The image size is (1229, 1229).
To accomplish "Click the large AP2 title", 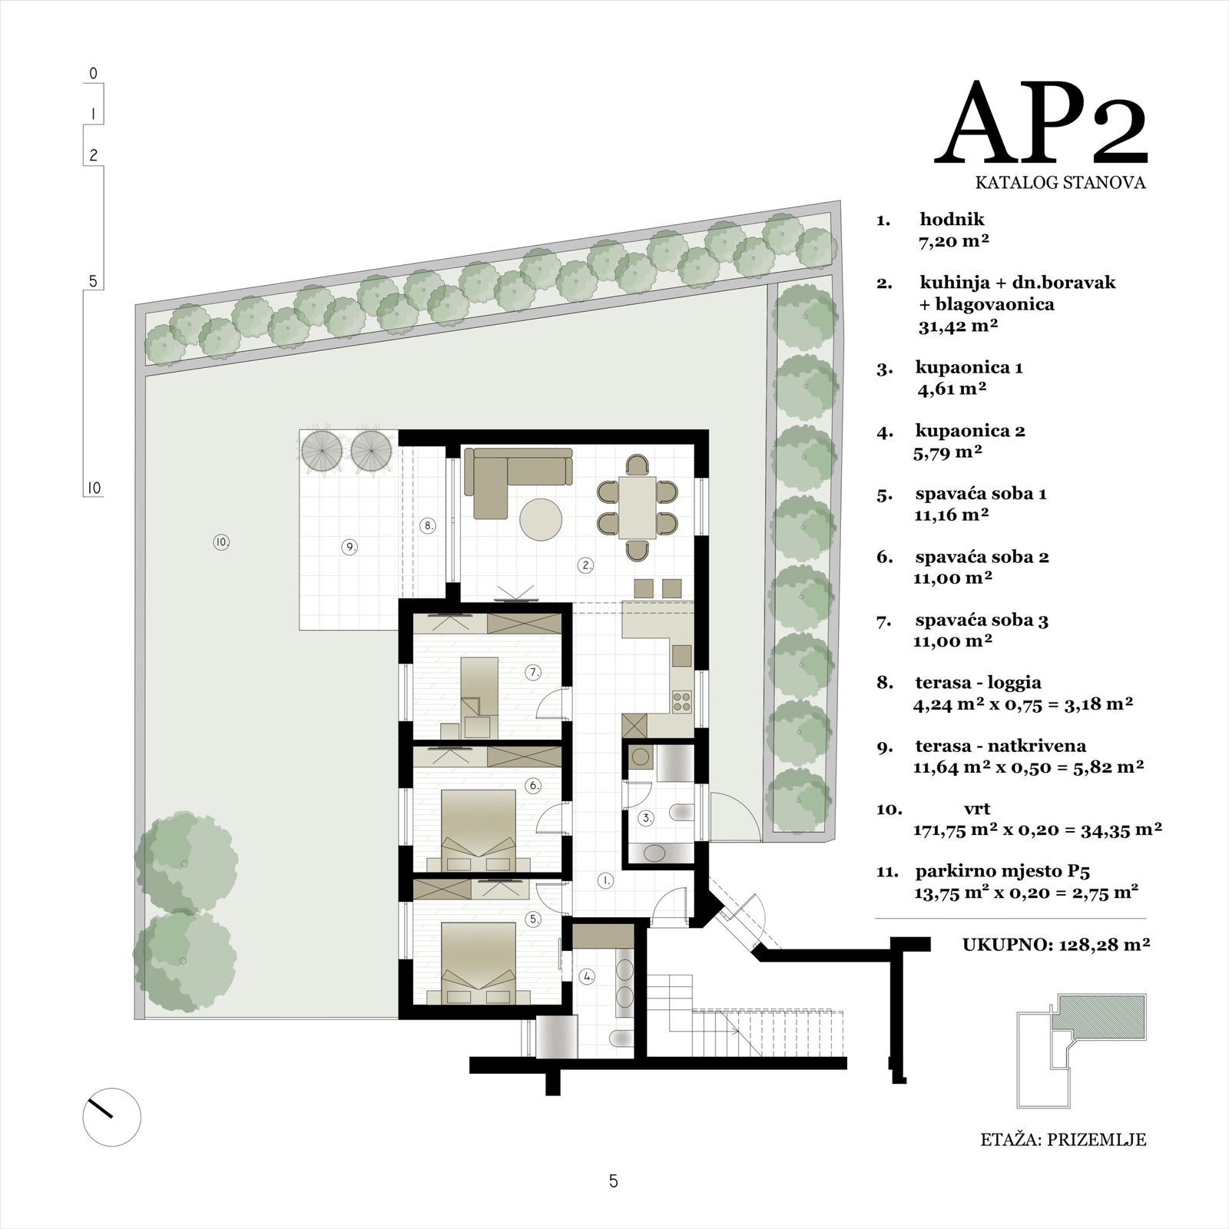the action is pos(1041,123).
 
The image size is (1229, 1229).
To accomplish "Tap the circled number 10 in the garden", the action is pos(222,542).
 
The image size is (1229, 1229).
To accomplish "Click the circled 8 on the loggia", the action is pos(429,526).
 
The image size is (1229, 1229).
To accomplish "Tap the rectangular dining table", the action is pos(638,508).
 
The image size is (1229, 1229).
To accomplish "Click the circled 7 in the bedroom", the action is pos(534,672).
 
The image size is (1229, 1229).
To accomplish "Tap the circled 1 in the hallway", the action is pos(606,881).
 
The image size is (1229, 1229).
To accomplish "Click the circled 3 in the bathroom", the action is pos(648,819).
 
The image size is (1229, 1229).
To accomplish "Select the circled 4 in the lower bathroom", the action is pos(588,977).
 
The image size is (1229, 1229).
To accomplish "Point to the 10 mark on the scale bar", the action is pos(94,488).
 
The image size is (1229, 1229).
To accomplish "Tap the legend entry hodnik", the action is pos(952,220).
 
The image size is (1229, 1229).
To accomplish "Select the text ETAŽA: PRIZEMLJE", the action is pos(1063,1139).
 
